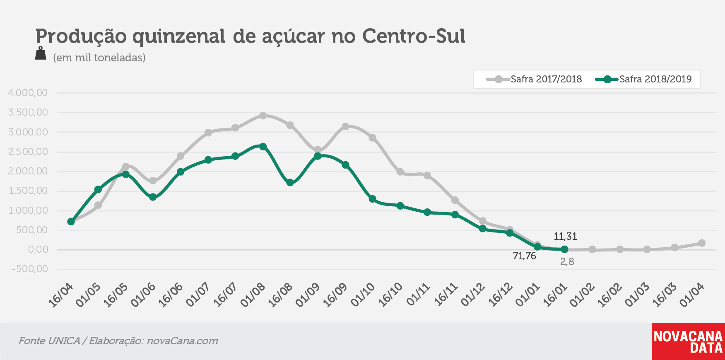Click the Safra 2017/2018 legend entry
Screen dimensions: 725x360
pyautogui.click(x=534, y=79)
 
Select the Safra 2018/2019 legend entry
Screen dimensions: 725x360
pyautogui.click(x=643, y=79)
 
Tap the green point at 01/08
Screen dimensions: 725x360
pyautogui.click(x=263, y=147)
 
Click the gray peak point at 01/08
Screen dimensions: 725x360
pyautogui.click(x=263, y=116)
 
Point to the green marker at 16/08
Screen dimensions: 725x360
pyautogui.click(x=290, y=182)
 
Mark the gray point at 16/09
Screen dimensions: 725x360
pyautogui.click(x=345, y=126)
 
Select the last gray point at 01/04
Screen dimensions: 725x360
pyautogui.click(x=702, y=243)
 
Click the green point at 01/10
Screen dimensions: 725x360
pyautogui.click(x=372, y=199)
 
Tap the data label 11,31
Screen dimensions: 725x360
pyautogui.click(x=565, y=237)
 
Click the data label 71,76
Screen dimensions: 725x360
pyautogui.click(x=524, y=256)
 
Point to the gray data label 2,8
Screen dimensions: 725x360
pyautogui.click(x=567, y=262)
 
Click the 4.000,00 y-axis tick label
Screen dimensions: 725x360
pyautogui.click(x=28, y=93)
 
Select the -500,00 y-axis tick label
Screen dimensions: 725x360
pyautogui.click(x=30, y=269)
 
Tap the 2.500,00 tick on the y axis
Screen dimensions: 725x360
pyautogui.click(x=28, y=152)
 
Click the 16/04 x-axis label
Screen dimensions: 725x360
pyautogui.click(x=60, y=295)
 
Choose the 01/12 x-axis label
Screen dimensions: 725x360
pyautogui.click(x=472, y=295)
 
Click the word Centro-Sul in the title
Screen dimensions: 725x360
pyautogui.click(x=414, y=36)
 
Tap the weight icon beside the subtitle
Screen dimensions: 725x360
pyautogui.click(x=41, y=53)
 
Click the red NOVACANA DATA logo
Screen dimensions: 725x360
pyautogui.click(x=688, y=341)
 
